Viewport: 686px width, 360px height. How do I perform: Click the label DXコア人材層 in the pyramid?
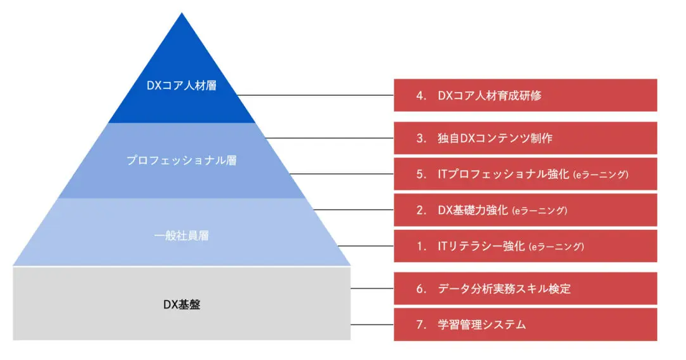click(182, 85)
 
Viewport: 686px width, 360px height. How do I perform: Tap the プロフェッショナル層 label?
click(182, 161)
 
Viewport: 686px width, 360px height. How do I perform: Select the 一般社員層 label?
click(182, 236)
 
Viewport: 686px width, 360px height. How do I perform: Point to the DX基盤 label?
click(182, 304)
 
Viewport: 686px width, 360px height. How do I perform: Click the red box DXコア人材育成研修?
click(525, 95)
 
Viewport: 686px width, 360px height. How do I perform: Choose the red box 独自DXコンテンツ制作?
click(525, 138)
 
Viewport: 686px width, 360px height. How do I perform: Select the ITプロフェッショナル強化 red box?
click(525, 174)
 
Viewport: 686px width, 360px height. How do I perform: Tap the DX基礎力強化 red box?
click(525, 210)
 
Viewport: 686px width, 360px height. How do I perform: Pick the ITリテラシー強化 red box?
click(525, 246)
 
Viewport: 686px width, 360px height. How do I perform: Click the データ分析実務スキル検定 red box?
click(525, 288)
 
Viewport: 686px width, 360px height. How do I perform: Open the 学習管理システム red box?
click(525, 324)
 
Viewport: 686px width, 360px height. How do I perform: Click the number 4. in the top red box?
click(421, 96)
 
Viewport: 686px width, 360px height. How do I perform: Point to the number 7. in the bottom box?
click(421, 325)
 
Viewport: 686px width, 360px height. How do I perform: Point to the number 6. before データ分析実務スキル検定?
click(421, 289)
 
